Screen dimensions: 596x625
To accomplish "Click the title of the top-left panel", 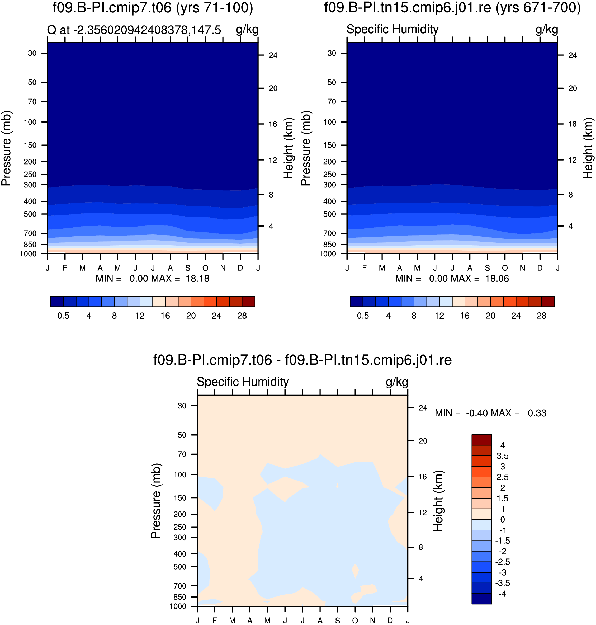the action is [x=153, y=8].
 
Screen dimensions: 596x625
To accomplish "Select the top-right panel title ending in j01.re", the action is [x=452, y=8].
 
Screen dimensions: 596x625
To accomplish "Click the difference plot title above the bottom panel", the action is [x=302, y=360].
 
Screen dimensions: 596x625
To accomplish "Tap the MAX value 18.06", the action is [x=497, y=279].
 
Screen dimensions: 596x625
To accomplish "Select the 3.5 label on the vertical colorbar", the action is [x=503, y=456].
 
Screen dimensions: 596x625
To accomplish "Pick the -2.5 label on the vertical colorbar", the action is [x=503, y=562].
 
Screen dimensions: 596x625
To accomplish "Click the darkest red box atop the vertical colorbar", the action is [x=482, y=440].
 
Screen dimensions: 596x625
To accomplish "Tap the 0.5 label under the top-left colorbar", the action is [x=63, y=316].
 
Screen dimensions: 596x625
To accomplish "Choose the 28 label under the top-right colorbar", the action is [x=541, y=316].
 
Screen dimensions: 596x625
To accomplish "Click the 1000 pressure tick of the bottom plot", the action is [x=178, y=606].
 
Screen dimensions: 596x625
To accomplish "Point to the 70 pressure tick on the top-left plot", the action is [x=32, y=102].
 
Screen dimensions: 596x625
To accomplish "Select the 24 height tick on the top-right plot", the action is [x=573, y=55].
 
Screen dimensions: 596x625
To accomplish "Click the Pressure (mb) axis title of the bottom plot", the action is [x=156, y=501].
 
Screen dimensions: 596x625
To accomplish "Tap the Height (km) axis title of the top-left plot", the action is [x=288, y=148].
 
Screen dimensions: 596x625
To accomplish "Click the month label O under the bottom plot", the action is [x=355, y=621].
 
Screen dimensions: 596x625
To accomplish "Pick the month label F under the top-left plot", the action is [x=65, y=268].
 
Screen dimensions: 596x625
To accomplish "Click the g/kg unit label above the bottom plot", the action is [x=397, y=382].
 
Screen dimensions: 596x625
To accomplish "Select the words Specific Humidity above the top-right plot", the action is [x=392, y=29].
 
